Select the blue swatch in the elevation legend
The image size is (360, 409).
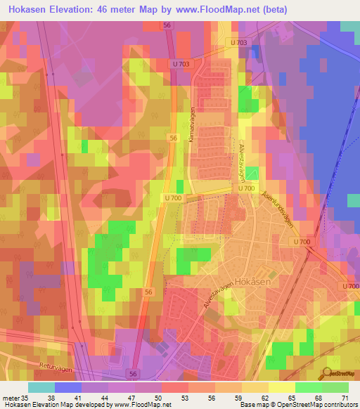[x=68, y=387]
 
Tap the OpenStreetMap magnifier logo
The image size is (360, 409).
[x=328, y=372]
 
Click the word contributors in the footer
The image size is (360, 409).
[x=339, y=405]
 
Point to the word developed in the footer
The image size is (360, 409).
[x=89, y=405]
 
